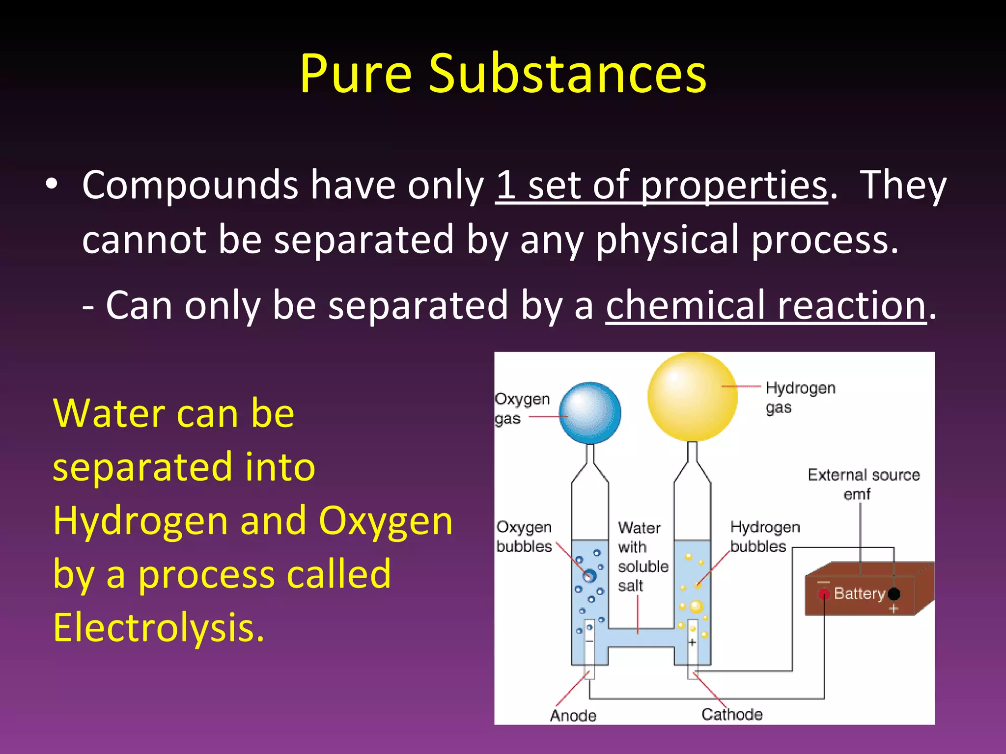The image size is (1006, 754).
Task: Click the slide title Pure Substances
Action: click(x=503, y=74)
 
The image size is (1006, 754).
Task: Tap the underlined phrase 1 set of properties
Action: click(x=661, y=186)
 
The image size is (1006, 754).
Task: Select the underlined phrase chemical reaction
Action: click(x=766, y=305)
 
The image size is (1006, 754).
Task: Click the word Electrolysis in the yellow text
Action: click(x=158, y=627)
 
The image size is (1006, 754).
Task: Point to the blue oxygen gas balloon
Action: click(x=590, y=413)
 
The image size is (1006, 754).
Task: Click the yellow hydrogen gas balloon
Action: click(x=692, y=397)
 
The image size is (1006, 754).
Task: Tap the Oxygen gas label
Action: click(x=522, y=408)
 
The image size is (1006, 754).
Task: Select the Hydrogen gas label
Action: click(x=800, y=397)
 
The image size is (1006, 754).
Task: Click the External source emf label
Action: click(x=864, y=484)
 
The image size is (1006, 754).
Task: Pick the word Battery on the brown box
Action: click(x=859, y=593)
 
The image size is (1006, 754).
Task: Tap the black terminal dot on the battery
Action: click(x=894, y=594)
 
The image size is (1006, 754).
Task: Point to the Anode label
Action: click(x=573, y=715)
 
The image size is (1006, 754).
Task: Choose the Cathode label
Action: click(x=732, y=714)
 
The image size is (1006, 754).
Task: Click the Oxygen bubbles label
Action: click(x=524, y=537)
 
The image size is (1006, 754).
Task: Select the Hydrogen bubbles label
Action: click(x=765, y=537)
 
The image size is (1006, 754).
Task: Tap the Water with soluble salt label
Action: click(x=643, y=557)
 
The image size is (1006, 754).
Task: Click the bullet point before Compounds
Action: click(x=52, y=185)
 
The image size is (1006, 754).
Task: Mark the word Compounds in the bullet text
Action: click(x=190, y=186)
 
